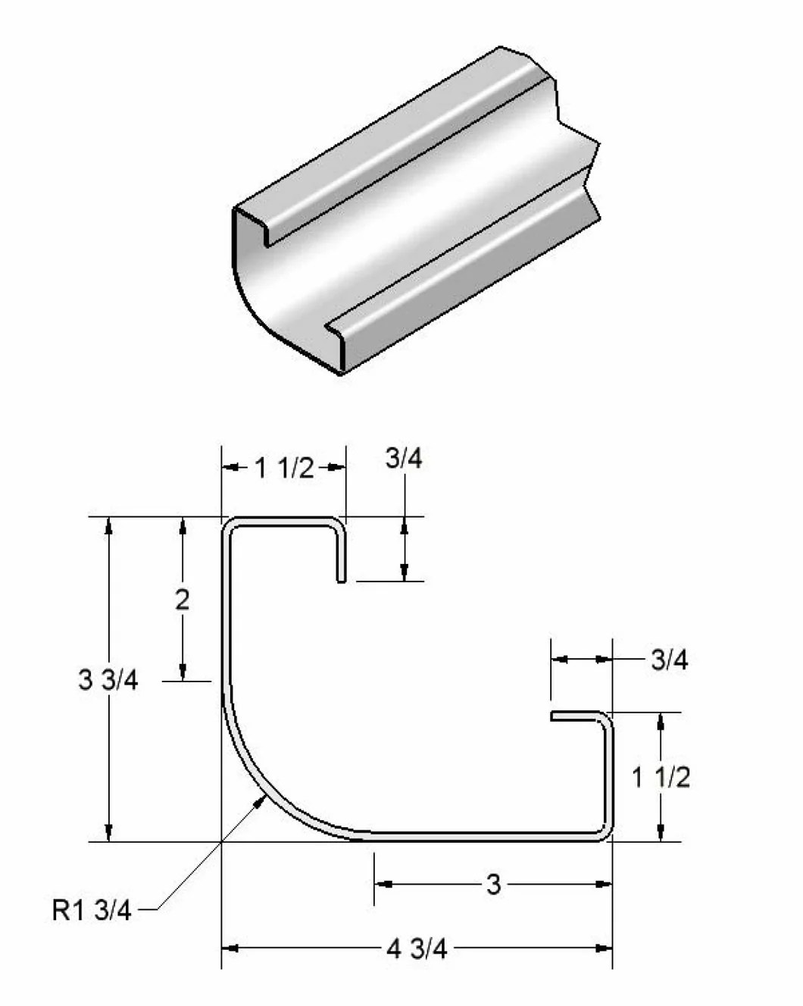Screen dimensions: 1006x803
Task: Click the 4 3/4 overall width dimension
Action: tap(417, 948)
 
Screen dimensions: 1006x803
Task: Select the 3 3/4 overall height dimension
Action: tap(108, 679)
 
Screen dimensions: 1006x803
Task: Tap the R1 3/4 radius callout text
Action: tap(92, 909)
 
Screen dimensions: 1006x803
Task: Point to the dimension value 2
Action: tap(183, 600)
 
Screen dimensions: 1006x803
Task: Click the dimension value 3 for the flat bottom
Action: tap(493, 884)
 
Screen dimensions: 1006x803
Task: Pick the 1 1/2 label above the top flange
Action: tap(284, 469)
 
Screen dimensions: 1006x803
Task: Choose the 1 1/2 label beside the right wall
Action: tap(661, 777)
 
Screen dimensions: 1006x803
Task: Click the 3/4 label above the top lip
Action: tap(404, 459)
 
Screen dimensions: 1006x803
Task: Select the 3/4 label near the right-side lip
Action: tap(670, 660)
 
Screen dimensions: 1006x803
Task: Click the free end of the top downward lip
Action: tap(341, 581)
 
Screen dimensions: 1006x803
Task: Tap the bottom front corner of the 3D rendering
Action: tap(341, 373)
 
